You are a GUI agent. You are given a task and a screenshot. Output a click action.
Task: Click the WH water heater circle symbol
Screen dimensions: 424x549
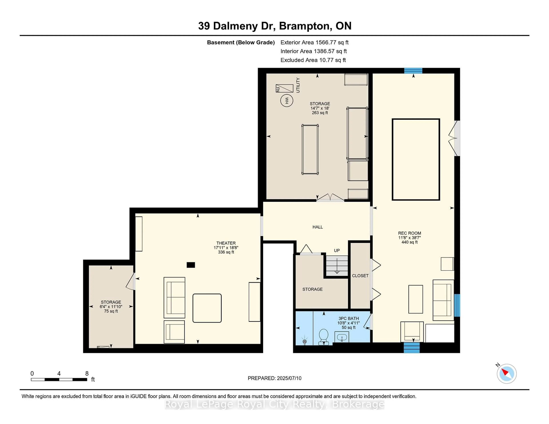coord(286,101)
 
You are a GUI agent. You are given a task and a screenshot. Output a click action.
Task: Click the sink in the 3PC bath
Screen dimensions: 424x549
coord(342,337)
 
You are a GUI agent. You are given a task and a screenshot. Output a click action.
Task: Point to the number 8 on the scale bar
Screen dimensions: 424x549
coord(87,374)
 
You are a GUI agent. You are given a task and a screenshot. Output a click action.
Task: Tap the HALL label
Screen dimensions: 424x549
coord(318,227)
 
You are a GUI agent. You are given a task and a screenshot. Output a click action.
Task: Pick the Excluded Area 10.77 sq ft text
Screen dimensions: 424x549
coord(313,60)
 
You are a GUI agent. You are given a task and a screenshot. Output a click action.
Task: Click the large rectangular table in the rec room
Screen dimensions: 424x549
coord(416,160)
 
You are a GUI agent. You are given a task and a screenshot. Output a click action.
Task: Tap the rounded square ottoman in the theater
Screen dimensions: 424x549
coord(207,308)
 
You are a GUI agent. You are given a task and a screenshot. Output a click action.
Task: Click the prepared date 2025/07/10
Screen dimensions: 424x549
coord(274,378)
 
